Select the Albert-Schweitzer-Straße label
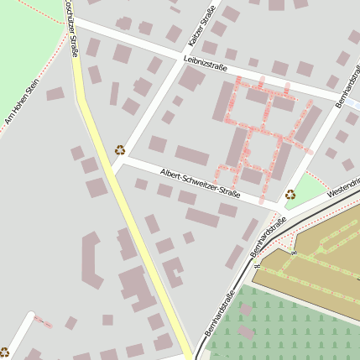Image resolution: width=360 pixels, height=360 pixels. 201,184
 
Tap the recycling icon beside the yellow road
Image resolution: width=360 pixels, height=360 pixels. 120,150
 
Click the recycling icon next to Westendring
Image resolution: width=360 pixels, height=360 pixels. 290,194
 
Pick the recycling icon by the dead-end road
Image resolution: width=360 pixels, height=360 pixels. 4,352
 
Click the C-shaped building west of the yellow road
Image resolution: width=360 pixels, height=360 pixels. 91,261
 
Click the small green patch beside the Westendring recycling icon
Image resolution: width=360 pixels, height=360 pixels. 311,186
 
